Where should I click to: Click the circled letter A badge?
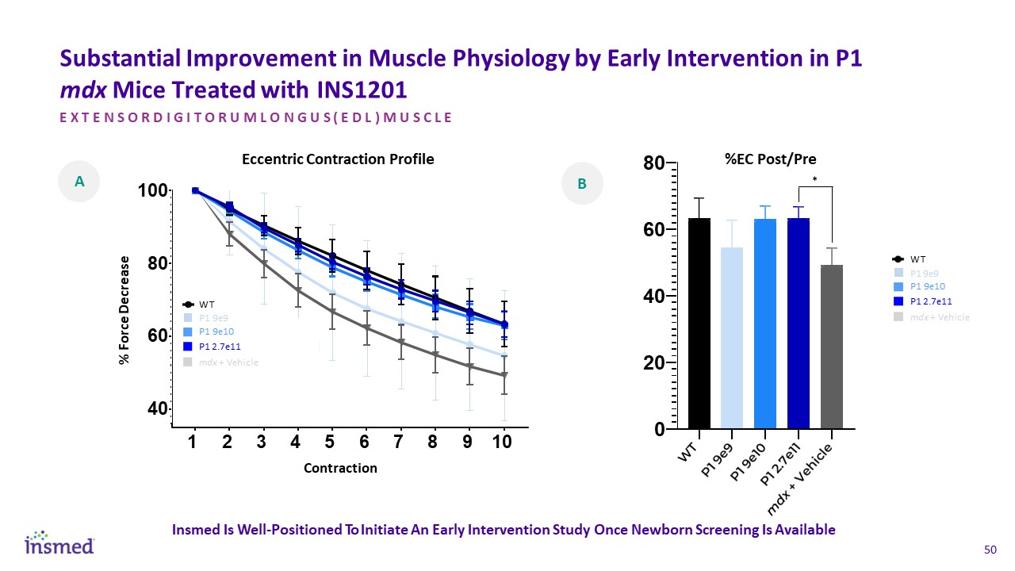[79, 182]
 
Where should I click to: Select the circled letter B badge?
[582, 184]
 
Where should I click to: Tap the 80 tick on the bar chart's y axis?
[654, 163]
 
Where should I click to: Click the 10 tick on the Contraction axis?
[501, 443]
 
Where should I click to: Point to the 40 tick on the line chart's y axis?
[151, 409]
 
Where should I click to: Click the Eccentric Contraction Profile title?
[338, 159]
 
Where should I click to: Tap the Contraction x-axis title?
[340, 468]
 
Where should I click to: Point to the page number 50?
[990, 550]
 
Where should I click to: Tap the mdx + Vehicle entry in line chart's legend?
[228, 362]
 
